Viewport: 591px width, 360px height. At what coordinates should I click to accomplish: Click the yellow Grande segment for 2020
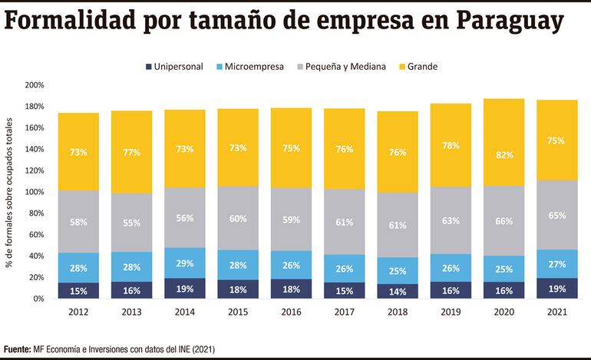(504, 142)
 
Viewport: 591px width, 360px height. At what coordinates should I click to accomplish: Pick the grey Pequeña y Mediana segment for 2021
(556, 215)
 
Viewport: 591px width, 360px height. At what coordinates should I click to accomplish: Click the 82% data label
(504, 154)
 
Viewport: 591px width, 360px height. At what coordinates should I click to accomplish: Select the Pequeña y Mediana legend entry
(345, 67)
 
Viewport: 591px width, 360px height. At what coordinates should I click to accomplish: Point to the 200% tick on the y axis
(35, 85)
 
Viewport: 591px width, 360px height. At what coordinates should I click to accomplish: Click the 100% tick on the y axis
(35, 192)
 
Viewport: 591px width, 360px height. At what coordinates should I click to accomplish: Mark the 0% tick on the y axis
(38, 299)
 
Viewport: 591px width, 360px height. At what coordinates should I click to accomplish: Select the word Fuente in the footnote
(18, 348)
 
